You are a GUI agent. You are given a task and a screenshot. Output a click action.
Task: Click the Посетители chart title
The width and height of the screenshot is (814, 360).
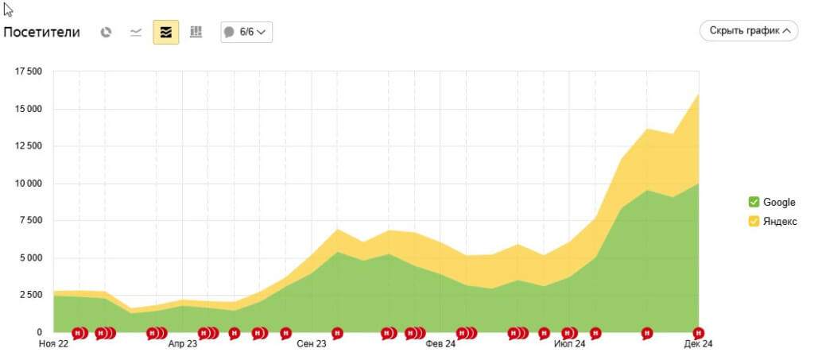42,33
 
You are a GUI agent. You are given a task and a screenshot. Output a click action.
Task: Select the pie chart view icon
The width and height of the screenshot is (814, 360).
107,33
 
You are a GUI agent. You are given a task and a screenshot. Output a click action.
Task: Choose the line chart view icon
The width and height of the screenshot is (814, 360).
136,33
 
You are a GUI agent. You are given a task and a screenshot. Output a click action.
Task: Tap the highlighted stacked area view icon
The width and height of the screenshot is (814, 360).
166,33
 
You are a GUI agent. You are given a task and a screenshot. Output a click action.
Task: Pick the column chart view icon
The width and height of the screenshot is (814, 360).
196,33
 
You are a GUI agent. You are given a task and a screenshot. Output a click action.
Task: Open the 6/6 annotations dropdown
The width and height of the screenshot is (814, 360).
246,33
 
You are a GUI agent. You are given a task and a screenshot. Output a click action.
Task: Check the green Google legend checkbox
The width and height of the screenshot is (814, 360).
754,202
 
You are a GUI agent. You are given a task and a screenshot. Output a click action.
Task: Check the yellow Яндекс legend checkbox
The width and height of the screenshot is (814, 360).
754,221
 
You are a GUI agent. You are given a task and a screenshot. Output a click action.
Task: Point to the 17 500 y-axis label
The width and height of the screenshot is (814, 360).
29,72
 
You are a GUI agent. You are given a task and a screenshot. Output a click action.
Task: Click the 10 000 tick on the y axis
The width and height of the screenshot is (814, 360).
29,184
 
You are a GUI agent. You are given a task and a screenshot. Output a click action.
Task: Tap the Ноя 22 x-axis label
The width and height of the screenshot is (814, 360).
53,344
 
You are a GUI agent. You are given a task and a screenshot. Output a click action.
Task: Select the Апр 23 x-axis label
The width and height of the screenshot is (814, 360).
182,344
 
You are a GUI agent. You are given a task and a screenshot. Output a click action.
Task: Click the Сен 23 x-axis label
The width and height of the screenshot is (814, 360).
312,344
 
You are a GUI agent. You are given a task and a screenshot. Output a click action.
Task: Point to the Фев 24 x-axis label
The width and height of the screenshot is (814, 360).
440,344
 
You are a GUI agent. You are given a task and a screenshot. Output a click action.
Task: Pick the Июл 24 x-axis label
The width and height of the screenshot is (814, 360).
569,344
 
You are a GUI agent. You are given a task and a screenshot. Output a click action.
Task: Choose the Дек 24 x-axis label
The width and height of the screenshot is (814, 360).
699,344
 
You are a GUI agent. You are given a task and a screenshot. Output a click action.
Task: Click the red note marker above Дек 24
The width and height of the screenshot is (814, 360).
699,332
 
